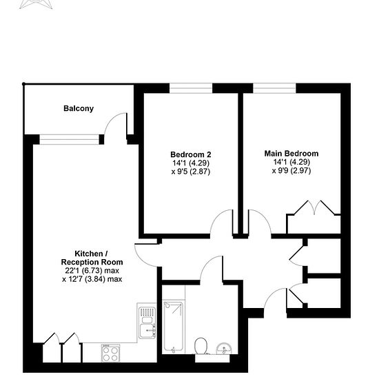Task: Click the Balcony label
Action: pos(79,108)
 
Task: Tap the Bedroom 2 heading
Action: pos(191,154)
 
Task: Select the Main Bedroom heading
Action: pos(291,154)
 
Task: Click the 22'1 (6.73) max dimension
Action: pos(92,271)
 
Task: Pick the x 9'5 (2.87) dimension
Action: pos(191,172)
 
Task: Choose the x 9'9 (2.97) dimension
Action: pos(291,171)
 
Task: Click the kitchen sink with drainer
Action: pos(147,322)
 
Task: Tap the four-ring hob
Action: pos(110,354)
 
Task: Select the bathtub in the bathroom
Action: pos(173,327)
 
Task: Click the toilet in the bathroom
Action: pos(201,346)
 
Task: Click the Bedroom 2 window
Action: pos(191,88)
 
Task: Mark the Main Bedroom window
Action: pos(274,88)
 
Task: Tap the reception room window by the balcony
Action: pos(70,140)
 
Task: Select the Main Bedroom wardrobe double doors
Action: pos(314,207)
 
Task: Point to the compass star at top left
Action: pos(37,4)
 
